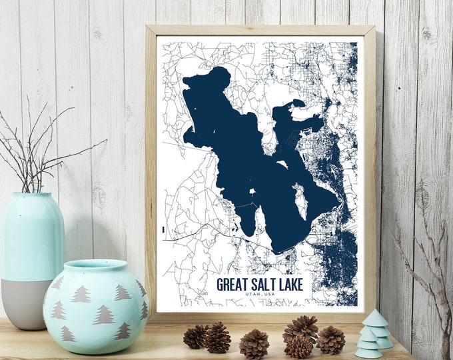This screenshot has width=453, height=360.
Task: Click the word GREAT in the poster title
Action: [235, 285]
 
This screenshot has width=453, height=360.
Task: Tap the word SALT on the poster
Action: [266, 285]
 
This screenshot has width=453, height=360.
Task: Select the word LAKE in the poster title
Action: [291, 285]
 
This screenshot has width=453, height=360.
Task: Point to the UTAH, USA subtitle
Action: [260, 295]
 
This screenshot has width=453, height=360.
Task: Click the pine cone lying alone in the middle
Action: [254, 344]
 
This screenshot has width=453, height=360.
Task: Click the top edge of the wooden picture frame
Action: [260, 30]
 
